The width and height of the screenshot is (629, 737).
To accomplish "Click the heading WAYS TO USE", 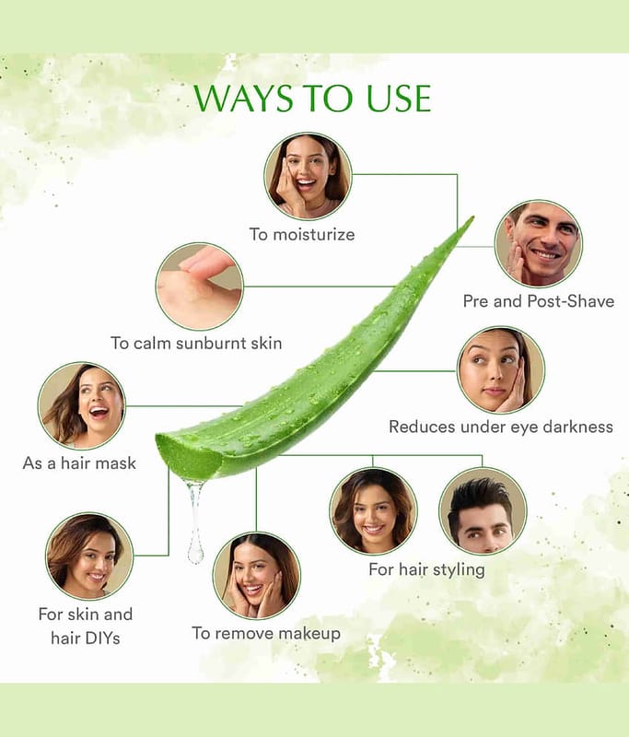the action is click(x=312, y=99).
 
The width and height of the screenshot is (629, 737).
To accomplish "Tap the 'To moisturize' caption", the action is click(x=302, y=234).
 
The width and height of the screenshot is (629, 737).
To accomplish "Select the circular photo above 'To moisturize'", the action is click(x=308, y=176).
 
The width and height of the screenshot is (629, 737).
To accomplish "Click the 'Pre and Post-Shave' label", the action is click(x=539, y=301).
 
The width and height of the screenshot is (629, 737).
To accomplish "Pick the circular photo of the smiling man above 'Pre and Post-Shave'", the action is click(x=539, y=243).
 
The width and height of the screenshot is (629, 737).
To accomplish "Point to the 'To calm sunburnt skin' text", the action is click(x=196, y=343).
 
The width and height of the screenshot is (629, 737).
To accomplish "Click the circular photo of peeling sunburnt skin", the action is click(x=200, y=287).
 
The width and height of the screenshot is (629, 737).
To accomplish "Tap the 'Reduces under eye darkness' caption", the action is click(x=501, y=427).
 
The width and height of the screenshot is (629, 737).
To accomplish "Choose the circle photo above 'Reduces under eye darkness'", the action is click(x=501, y=370).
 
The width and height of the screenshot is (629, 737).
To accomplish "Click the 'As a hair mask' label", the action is click(x=79, y=463).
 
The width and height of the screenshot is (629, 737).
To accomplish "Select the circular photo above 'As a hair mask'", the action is click(x=82, y=406).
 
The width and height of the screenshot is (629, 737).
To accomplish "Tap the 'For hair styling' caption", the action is click(x=426, y=569).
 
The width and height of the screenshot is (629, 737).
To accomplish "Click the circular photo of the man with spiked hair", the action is click(x=483, y=511).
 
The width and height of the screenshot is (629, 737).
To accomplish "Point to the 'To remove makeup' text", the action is click(x=266, y=633).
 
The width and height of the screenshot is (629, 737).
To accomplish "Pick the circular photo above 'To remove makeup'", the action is click(x=257, y=576).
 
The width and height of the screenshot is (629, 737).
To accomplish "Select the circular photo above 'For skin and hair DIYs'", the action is click(x=89, y=556).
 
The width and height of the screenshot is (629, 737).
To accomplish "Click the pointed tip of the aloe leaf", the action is click(x=472, y=218).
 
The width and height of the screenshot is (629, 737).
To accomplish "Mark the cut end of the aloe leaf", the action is click(x=188, y=456).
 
